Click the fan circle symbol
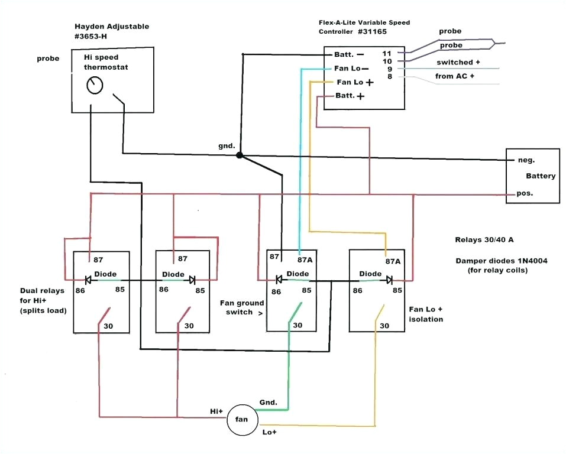242,420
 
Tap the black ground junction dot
240,155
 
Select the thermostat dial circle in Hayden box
94,86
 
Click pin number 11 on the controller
387,53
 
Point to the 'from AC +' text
455,76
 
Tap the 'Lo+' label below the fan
269,433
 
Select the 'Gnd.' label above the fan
268,403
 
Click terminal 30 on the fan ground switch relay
297,325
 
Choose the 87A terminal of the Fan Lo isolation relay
393,261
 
